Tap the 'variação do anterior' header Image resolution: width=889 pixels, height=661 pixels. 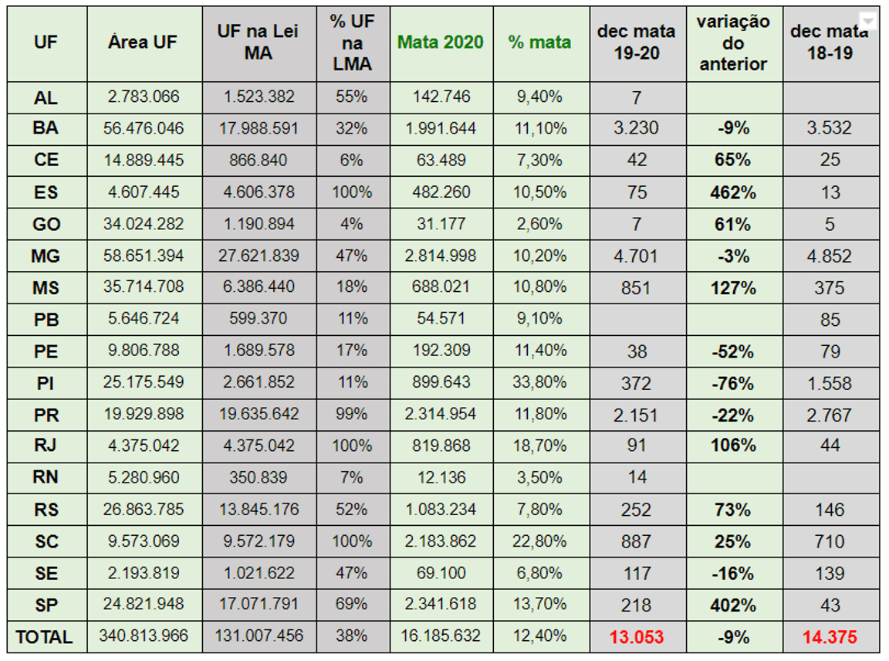coord(733,42)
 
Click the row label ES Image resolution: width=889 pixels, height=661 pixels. coord(46,192)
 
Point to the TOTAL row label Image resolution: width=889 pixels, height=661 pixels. coord(44,637)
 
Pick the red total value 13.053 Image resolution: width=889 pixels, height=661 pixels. coord(637,637)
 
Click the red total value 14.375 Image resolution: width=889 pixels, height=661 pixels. coord(830,637)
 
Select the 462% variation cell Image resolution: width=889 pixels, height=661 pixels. coord(733,192)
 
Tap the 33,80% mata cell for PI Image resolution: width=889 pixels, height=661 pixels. coord(540,383)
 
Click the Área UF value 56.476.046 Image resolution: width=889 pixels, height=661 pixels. coord(144,128)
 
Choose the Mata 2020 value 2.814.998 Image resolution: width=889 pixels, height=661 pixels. coord(441,256)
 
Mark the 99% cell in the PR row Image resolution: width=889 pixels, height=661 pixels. coord(351,415)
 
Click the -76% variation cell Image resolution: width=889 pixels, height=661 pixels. coord(733,383)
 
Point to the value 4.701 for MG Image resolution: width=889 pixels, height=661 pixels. coord(637,256)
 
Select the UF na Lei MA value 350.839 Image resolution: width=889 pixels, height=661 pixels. coord(259,478)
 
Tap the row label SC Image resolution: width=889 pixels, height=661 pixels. coord(46,541)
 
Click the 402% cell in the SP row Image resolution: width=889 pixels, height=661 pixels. coord(733,605)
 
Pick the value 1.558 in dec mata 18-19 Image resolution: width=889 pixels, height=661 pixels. coord(830,383)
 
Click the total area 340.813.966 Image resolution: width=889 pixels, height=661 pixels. coord(144,636)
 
